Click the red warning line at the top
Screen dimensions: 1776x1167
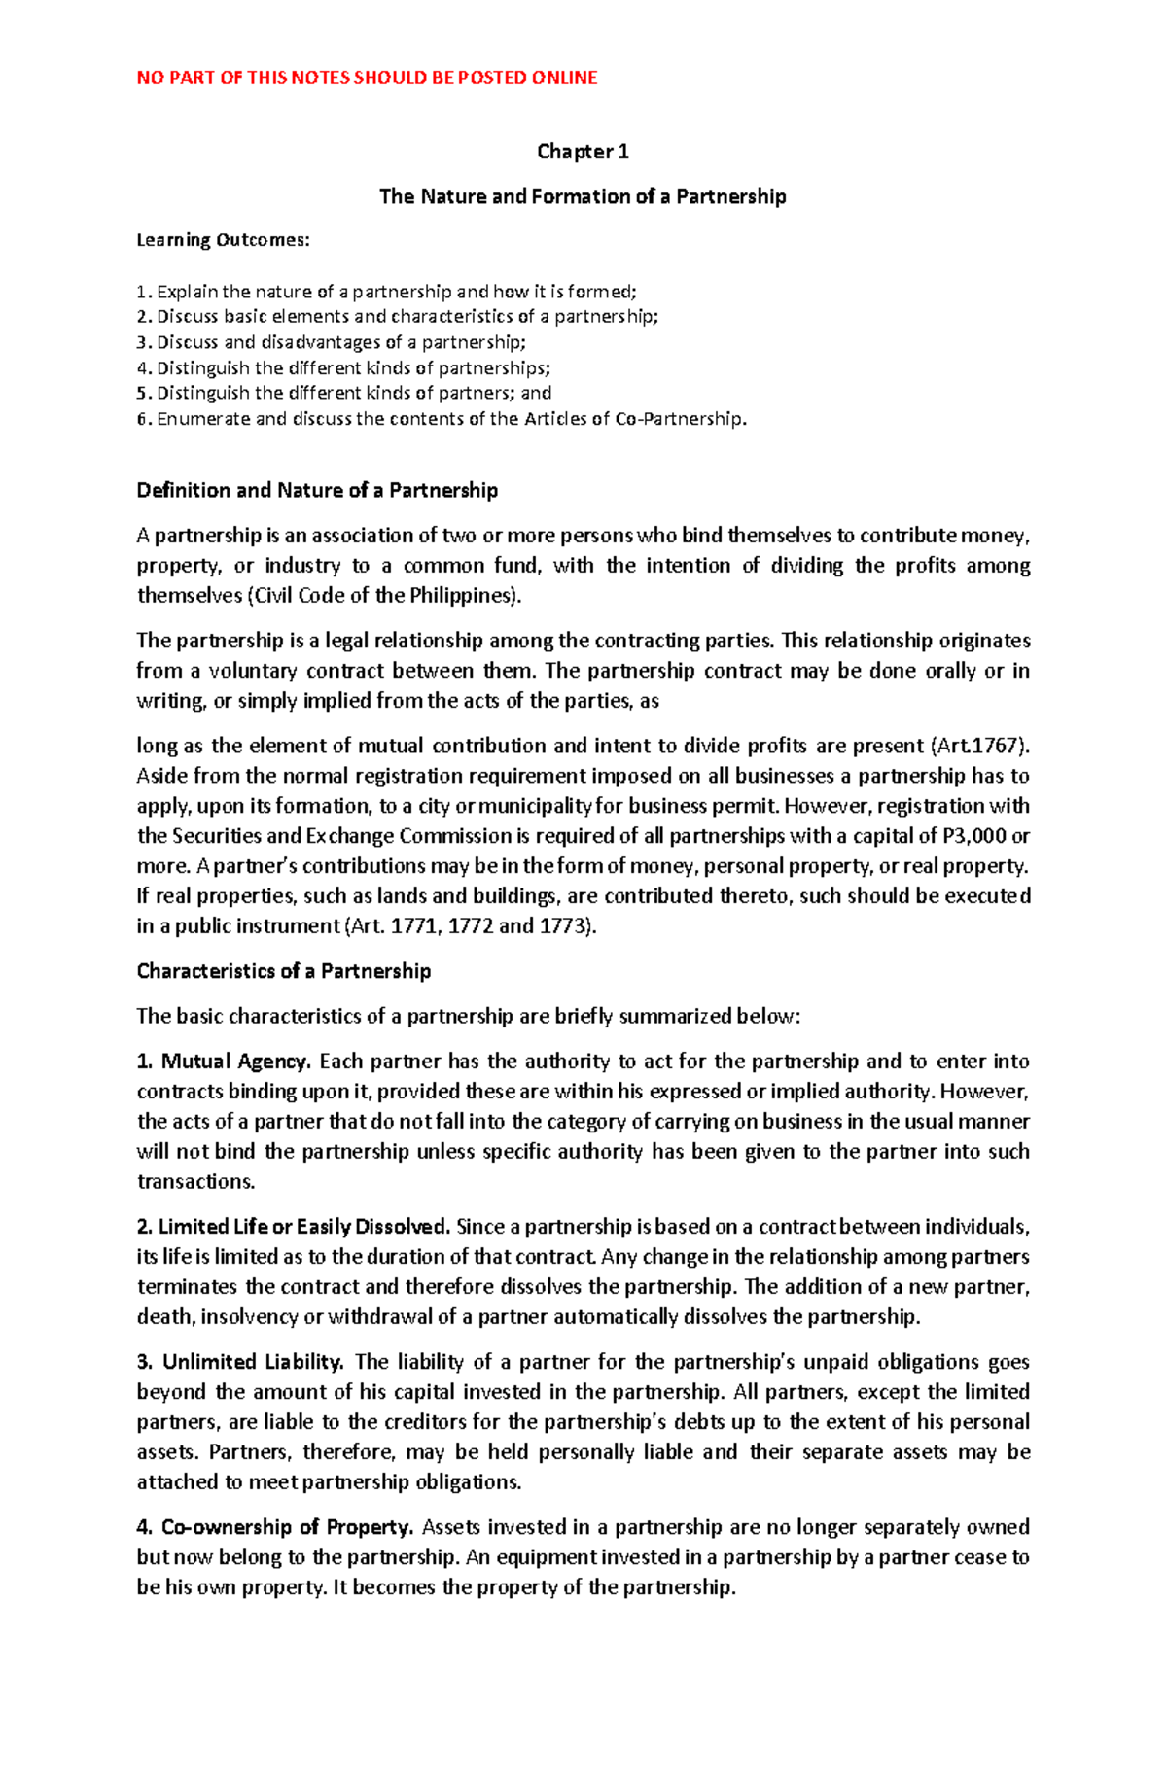pyautogui.click(x=367, y=78)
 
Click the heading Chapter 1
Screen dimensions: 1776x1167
pyautogui.click(x=583, y=152)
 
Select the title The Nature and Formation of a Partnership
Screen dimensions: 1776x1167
pyautogui.click(x=583, y=196)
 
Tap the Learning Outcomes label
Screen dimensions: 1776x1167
pyautogui.click(x=223, y=240)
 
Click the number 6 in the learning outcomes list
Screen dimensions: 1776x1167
pyautogui.click(x=142, y=419)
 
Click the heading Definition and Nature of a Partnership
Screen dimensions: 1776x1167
pyautogui.click(x=317, y=490)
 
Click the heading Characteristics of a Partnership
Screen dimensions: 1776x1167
pyautogui.click(x=283, y=971)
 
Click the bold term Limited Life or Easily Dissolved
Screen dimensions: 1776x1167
pyautogui.click(x=303, y=1226)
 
